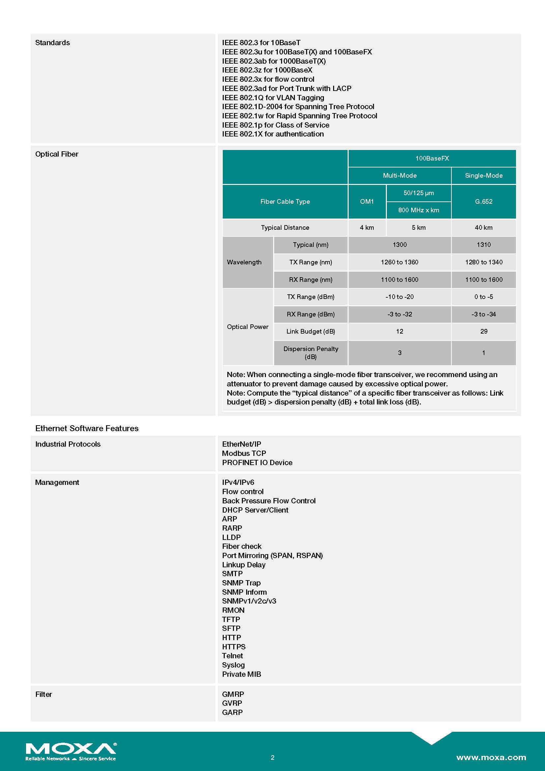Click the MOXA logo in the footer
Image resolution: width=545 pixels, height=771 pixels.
[x=71, y=751]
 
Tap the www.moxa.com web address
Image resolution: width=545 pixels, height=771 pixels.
[x=491, y=757]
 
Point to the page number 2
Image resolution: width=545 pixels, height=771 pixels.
[x=272, y=757]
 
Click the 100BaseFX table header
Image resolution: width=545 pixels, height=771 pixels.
[x=432, y=158]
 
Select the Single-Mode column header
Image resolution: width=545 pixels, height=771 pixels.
[x=484, y=175]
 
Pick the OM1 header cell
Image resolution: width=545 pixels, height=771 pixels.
[x=367, y=201]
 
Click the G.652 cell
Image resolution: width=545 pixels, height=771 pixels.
[x=484, y=201]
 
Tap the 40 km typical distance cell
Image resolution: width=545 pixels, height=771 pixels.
[x=484, y=227]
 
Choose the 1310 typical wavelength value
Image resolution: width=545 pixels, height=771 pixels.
[x=484, y=245]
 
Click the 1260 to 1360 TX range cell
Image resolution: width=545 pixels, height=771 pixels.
[x=399, y=262]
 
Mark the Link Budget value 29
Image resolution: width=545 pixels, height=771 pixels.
[x=484, y=331]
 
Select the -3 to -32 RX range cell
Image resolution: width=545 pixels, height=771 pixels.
[x=399, y=314]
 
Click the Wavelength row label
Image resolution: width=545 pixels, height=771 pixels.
[x=244, y=262]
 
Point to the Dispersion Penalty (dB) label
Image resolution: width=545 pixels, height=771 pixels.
[x=310, y=353]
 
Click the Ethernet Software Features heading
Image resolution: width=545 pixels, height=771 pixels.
[x=87, y=428]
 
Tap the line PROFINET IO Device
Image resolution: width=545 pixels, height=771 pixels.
[x=257, y=462]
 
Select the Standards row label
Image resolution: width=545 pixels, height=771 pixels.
[x=53, y=43]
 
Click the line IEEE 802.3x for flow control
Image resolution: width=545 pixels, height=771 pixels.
[x=268, y=79]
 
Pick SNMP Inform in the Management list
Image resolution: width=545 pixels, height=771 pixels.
[x=244, y=592]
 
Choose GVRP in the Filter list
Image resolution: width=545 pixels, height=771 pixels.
[x=232, y=703]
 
